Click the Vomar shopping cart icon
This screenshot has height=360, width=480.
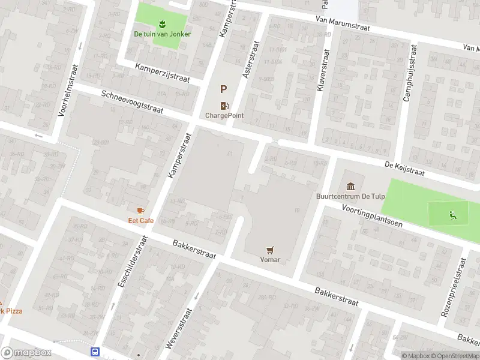pos(270,250)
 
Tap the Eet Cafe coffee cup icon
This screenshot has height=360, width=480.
pos(140,211)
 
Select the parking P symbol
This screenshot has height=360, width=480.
pos(223,90)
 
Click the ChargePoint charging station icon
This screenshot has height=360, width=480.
pos(224,105)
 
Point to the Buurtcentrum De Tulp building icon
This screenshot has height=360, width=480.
pos(350,185)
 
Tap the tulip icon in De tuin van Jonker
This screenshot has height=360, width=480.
pos(161,24)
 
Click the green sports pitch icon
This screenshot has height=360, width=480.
pos(452,215)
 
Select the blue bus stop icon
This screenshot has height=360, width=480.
pos(95,352)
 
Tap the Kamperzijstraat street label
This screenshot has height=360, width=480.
pos(162,73)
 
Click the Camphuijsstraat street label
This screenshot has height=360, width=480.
pos(410,73)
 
